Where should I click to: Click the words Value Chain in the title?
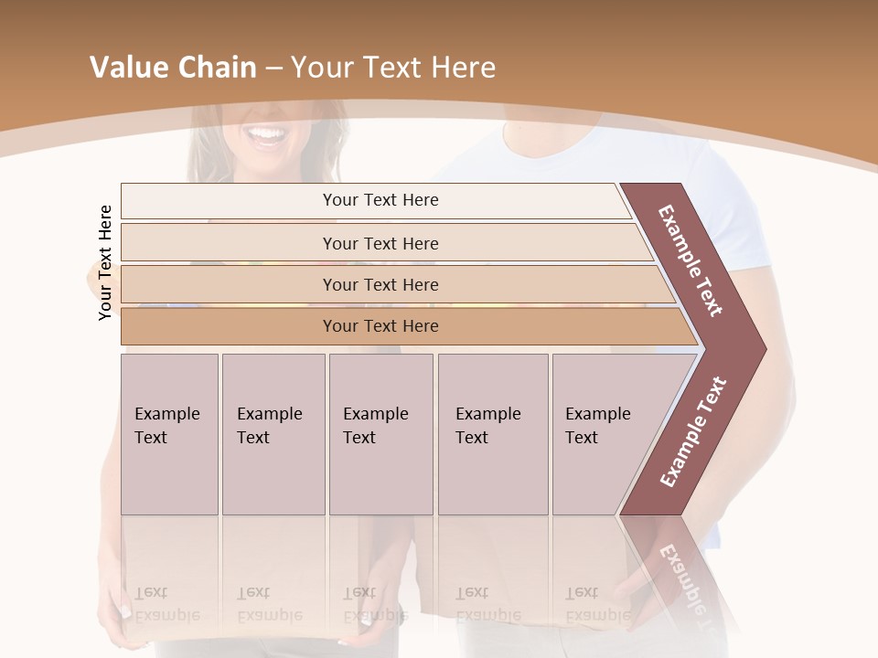coord(173,68)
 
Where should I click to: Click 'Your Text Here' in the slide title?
coord(393,68)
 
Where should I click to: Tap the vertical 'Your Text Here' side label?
coord(105,262)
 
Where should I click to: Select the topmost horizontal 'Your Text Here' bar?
coord(380,200)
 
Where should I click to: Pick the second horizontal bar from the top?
coord(380,243)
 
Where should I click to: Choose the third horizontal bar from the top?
coord(380,284)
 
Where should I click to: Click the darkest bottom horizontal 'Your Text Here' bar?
coord(380,326)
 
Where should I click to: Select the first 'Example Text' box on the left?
coord(169,433)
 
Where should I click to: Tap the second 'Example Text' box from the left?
coord(273,433)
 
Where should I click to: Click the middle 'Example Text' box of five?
coord(380,433)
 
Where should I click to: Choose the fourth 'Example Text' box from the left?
coord(492,433)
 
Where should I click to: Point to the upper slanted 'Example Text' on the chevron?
coord(691,260)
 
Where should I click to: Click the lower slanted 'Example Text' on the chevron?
coord(693,431)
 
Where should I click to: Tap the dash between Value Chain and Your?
coord(273,69)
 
